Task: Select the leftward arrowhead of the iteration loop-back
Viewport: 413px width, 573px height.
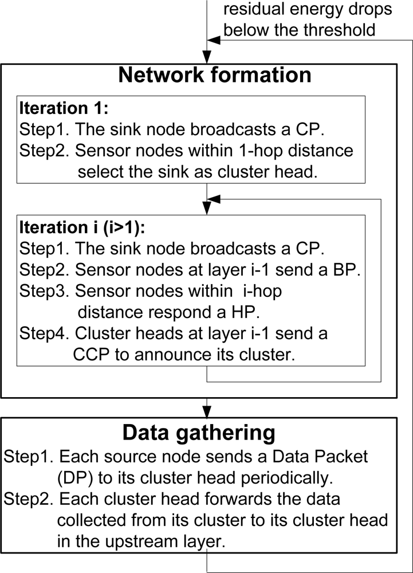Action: tap(214, 199)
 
